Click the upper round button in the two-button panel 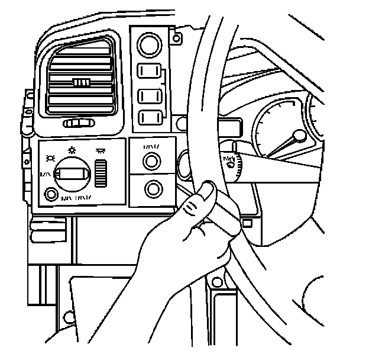152,160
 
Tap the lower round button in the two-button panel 152,189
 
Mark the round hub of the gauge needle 300,137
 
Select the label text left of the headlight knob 44,174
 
